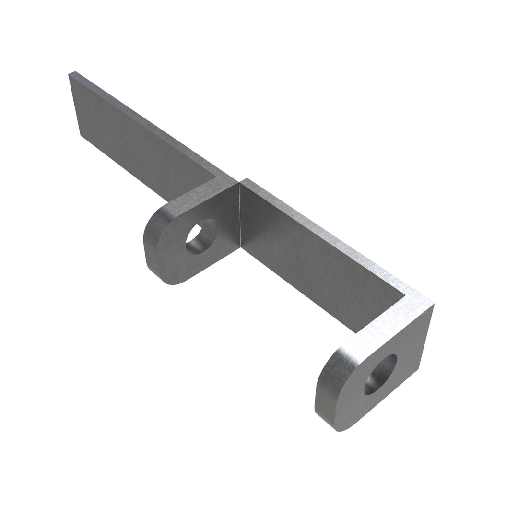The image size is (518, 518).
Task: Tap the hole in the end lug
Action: [x=381, y=374]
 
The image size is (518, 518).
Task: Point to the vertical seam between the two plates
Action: [x=238, y=216]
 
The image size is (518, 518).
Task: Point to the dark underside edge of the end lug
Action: [x=336, y=422]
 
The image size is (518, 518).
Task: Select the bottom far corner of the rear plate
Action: [x=80, y=135]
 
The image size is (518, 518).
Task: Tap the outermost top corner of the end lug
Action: [x=433, y=304]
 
